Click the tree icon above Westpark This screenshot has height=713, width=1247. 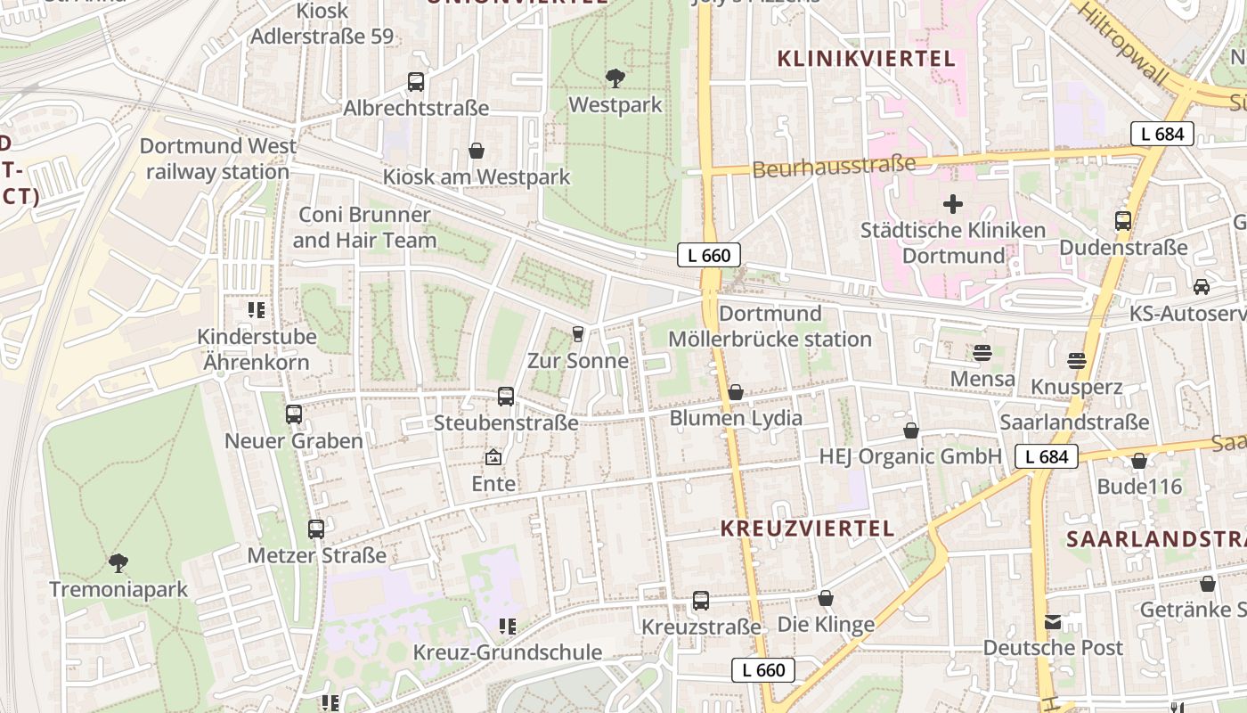click(x=615, y=78)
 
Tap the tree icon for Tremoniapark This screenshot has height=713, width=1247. click(x=118, y=563)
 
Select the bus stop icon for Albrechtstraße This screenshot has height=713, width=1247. click(x=416, y=82)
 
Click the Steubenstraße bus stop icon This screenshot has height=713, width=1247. click(x=506, y=397)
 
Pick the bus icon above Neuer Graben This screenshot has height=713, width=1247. click(x=294, y=414)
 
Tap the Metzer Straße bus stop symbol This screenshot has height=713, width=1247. click(x=316, y=529)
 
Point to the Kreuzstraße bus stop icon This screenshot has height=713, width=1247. click(x=701, y=601)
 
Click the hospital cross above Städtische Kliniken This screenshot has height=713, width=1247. click(x=953, y=204)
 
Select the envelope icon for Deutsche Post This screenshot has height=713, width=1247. click(x=1053, y=621)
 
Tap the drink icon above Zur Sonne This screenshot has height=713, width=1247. click(x=578, y=334)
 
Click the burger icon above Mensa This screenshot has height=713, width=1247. click(x=982, y=353)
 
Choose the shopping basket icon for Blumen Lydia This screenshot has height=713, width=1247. click(x=736, y=392)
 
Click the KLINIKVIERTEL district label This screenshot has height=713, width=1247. click(x=866, y=59)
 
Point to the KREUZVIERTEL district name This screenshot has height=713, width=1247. click(x=807, y=528)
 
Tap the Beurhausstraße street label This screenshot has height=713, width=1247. click(x=834, y=166)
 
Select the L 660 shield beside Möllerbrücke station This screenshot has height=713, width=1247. click(x=709, y=256)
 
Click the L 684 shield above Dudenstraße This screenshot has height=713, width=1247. click(x=1162, y=135)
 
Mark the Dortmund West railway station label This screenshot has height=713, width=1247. click(x=218, y=159)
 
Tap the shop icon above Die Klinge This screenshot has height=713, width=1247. click(x=826, y=598)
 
